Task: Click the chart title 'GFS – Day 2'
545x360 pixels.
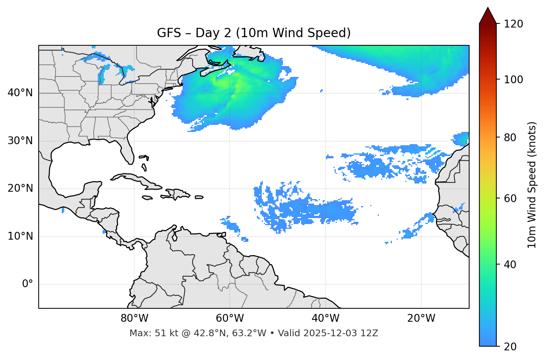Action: click(254, 33)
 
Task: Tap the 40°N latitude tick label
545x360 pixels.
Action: click(20, 93)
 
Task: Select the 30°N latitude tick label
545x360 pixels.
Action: click(20, 141)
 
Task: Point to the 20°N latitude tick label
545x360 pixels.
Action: click(20, 188)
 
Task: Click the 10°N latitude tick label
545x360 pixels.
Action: click(20, 236)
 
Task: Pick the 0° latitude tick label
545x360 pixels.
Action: click(28, 284)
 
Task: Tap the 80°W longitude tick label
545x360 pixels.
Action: click(134, 318)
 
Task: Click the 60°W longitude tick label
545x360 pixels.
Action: click(230, 318)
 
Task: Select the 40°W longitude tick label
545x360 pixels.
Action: click(325, 318)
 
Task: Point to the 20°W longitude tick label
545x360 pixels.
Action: click(421, 318)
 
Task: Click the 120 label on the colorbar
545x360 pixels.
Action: click(513, 24)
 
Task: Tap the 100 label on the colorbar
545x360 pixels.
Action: click(513, 80)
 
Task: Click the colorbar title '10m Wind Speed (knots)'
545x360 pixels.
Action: click(532, 185)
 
